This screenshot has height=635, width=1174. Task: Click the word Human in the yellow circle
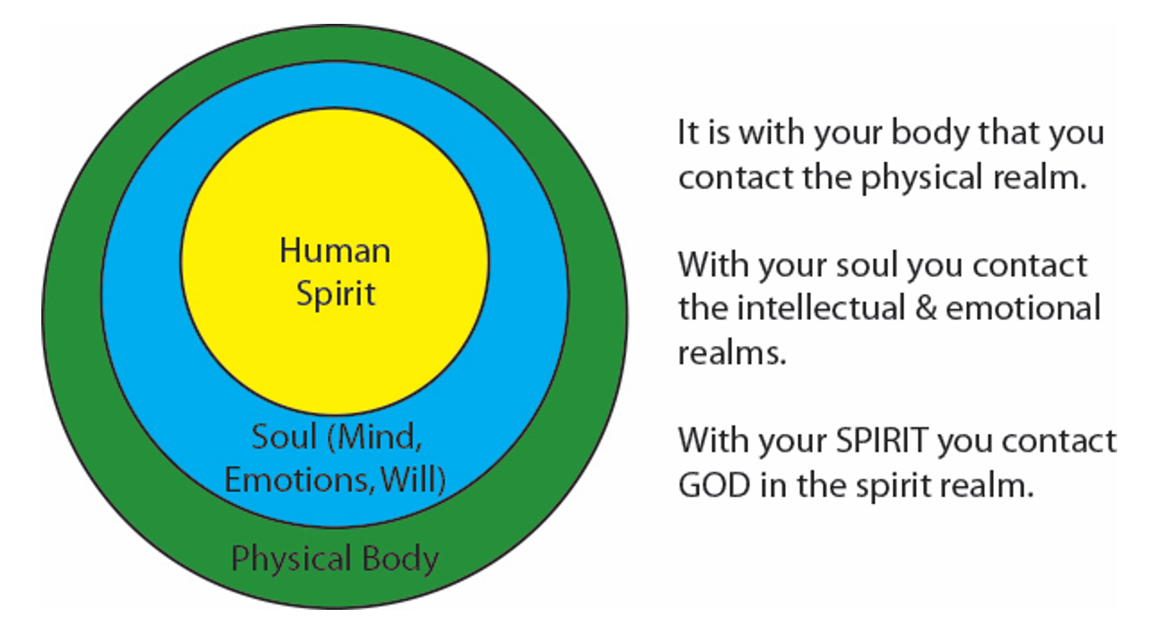[335, 250]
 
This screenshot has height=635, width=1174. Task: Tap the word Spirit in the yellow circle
[336, 294]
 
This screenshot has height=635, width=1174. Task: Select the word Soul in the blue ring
[284, 437]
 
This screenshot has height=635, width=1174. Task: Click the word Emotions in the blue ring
[298, 480]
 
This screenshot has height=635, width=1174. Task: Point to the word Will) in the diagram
[413, 480]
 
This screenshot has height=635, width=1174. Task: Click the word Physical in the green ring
[292, 559]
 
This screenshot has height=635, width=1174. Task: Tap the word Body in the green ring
[400, 559]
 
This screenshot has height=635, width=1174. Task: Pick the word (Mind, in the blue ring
[375, 438]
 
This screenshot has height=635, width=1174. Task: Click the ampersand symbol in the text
[926, 308]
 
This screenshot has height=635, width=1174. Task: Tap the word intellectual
[821, 308]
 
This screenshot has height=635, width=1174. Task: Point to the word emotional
[1024, 308]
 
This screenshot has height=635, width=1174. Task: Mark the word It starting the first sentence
[688, 133]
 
